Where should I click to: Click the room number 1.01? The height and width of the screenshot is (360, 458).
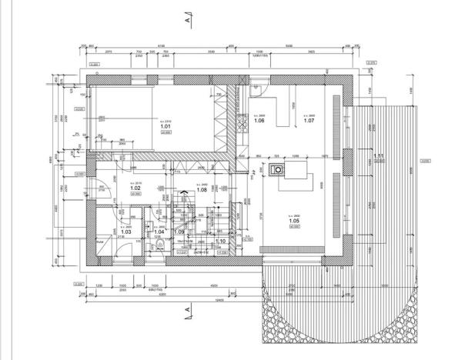point(165,125)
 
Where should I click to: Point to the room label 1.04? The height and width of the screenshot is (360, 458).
point(160,231)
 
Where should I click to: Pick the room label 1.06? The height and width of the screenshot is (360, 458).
point(259,121)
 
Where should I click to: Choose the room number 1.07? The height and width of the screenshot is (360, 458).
point(309,121)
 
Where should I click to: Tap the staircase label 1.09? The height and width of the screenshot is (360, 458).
point(179,232)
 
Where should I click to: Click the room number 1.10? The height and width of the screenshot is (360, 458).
point(219,241)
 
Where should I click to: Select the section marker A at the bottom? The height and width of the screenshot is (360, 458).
point(188,311)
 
